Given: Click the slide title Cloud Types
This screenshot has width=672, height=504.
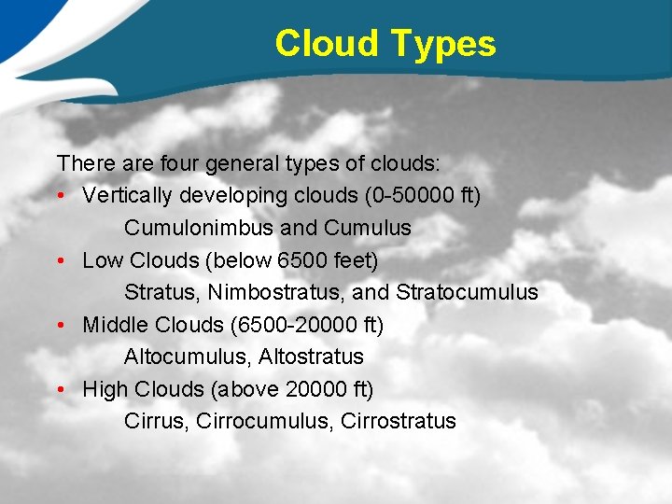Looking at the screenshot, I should point(385,44).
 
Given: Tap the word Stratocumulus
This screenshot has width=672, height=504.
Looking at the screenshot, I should point(467,292).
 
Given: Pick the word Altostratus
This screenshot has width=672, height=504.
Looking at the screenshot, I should point(311,357).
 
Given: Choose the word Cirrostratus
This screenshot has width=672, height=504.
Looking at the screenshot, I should point(399,421).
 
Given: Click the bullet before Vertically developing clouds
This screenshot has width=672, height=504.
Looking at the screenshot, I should point(61,196).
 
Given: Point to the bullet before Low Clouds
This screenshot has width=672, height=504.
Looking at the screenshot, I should point(61,260).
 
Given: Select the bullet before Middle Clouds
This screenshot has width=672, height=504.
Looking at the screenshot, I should point(61,325).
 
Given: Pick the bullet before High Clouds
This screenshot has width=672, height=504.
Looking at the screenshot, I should point(61,389).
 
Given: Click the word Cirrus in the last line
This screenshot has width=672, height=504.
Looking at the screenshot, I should point(156,421).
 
